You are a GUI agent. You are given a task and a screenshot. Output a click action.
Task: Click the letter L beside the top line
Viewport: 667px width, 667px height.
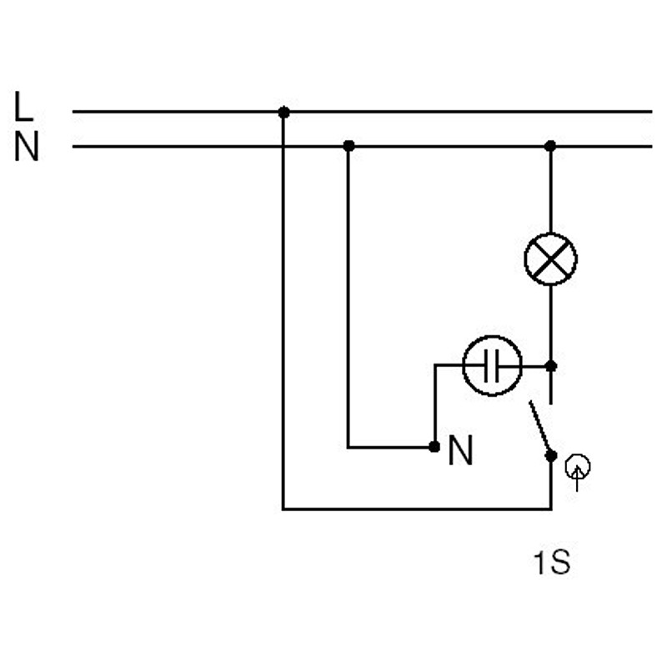click(x=23, y=108)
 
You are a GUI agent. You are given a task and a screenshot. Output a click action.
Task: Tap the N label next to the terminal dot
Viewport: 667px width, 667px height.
click(x=460, y=451)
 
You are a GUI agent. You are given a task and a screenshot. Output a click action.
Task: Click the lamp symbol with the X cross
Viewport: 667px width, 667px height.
click(x=550, y=259)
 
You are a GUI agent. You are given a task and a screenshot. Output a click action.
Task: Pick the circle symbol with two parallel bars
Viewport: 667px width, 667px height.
click(x=492, y=365)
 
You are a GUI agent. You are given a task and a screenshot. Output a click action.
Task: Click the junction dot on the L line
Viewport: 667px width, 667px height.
click(x=283, y=112)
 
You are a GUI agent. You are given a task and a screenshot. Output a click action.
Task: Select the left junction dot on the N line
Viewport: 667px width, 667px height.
click(x=349, y=146)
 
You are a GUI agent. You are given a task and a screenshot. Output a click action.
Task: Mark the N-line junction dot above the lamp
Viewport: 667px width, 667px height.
click(x=550, y=146)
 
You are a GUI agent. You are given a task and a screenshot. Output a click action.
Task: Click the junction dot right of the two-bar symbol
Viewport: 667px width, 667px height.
click(x=550, y=365)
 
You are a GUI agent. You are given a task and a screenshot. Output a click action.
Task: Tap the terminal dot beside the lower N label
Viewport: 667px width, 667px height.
click(x=434, y=447)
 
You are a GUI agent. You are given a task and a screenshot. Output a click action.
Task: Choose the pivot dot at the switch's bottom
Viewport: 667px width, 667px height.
click(x=550, y=455)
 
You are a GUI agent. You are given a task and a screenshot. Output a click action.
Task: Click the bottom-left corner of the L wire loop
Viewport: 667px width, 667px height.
click(x=283, y=509)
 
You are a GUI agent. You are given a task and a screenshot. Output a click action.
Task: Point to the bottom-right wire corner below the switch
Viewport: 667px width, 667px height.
click(x=550, y=509)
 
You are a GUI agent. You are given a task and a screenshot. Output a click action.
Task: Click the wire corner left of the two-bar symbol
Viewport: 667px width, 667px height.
click(x=434, y=365)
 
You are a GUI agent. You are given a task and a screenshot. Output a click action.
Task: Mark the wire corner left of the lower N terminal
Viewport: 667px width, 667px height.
click(x=349, y=447)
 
